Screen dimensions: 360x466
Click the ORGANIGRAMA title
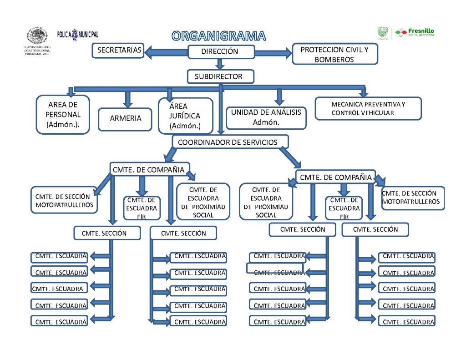point(218,36)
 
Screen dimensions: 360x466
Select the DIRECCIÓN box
point(220,51)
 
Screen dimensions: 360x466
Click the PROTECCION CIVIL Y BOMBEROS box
point(334,54)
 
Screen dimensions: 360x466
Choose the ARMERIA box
point(125,118)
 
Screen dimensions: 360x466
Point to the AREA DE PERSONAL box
point(63,115)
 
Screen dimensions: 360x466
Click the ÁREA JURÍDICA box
point(185,116)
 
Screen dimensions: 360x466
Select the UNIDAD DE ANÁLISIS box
point(266,117)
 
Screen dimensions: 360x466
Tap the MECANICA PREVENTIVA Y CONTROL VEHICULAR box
point(368,108)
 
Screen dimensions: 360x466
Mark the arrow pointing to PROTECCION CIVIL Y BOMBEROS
point(273,52)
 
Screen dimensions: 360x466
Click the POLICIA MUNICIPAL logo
point(78,34)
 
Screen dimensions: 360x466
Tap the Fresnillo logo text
point(419,32)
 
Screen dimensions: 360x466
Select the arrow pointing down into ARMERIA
point(128,98)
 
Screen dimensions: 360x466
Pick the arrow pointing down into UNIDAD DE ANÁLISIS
point(280,96)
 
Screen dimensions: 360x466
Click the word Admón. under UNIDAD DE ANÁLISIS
point(266,122)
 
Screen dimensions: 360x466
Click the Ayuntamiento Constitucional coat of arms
point(37,36)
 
